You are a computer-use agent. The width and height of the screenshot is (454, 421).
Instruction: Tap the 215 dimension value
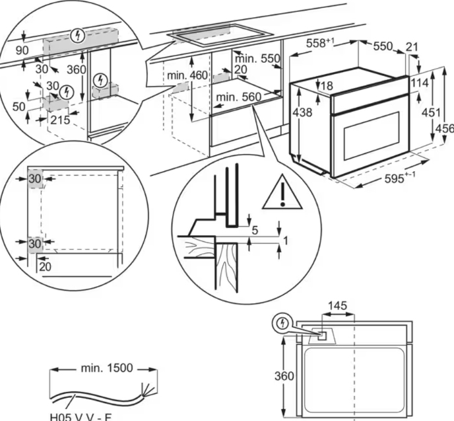tap(59, 120)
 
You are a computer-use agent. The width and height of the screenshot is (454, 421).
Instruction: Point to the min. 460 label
tap(187, 75)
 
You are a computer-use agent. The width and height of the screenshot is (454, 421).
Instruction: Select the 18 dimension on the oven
tap(327, 85)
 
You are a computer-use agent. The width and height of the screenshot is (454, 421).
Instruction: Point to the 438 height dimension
tap(302, 113)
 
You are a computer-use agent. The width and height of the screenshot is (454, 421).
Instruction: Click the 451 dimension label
tap(430, 113)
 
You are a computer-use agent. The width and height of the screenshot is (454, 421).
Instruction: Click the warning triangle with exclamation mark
tap(282, 193)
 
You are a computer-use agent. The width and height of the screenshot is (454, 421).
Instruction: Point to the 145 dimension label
tap(338, 307)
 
